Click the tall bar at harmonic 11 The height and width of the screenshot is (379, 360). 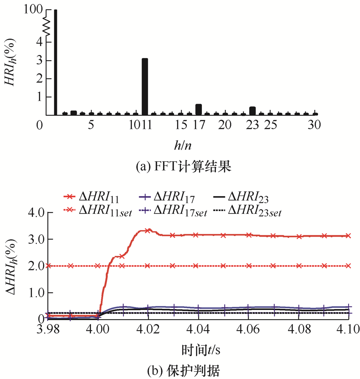click(145, 87)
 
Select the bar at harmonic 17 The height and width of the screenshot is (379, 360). click(199, 109)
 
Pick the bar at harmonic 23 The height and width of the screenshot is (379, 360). click(253, 111)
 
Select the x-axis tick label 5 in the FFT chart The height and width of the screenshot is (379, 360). click(91, 125)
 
